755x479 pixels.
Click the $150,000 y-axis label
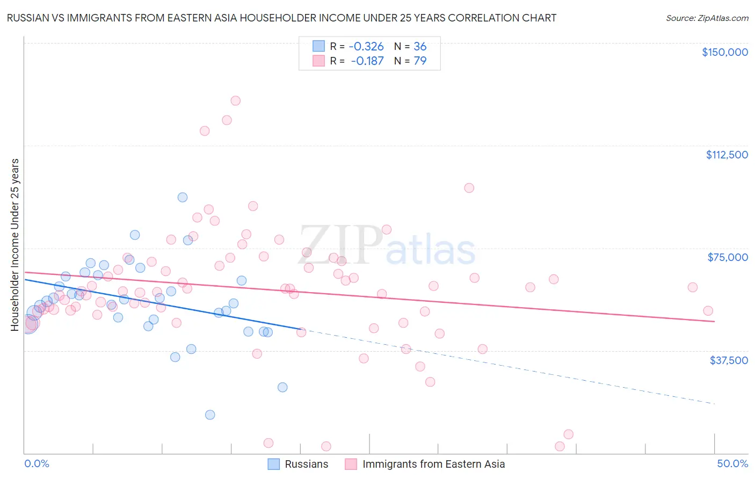pyautogui.click(x=724, y=52)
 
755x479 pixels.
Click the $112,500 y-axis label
pyautogui.click(x=727, y=155)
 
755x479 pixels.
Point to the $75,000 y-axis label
pyautogui.click(x=728, y=257)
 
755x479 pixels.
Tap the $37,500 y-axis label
pyautogui.click(x=729, y=360)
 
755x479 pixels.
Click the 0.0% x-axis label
pyautogui.click(x=37, y=464)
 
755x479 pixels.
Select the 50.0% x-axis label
pyautogui.click(x=732, y=464)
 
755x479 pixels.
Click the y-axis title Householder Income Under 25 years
pyautogui.click(x=15, y=244)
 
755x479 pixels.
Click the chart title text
pyautogui.click(x=281, y=18)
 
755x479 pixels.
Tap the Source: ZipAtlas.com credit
pyautogui.click(x=707, y=18)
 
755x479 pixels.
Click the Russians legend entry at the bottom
pyautogui.click(x=306, y=465)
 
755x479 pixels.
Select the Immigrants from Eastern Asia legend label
pyautogui.click(x=433, y=465)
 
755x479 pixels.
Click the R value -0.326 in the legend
pyautogui.click(x=366, y=46)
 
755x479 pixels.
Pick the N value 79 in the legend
pyautogui.click(x=420, y=61)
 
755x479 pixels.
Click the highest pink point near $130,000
pyautogui.click(x=235, y=100)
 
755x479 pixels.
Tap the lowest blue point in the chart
pyautogui.click(x=210, y=415)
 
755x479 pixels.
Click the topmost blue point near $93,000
pyautogui.click(x=183, y=197)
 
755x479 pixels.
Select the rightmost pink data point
pyautogui.click(x=708, y=311)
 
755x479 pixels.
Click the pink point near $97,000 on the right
pyautogui.click(x=469, y=188)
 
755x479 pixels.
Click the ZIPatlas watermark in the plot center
pyautogui.click(x=387, y=246)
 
